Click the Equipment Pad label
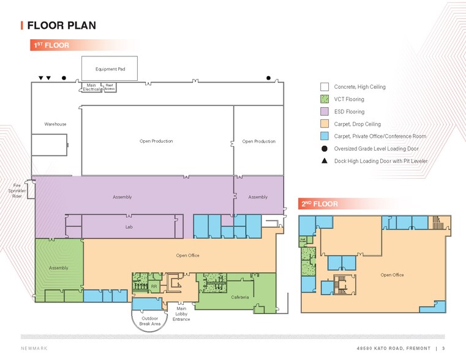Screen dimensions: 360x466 [x=110, y=69]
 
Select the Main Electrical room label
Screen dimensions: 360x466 [x=91, y=87]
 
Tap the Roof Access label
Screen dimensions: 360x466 [x=110, y=87]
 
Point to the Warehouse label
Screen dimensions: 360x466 [x=55, y=124]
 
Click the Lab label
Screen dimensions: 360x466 [x=129, y=227]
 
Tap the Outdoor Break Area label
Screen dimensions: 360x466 [x=151, y=320]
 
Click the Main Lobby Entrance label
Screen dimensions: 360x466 [x=181, y=313]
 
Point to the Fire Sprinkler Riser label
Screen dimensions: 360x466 [x=17, y=190]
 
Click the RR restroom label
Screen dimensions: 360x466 [x=154, y=286]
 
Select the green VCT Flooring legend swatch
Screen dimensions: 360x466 [x=325, y=99]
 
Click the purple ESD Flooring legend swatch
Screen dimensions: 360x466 [x=325, y=111]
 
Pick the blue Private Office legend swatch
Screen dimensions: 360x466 [x=325, y=136]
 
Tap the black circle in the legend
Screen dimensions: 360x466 [x=325, y=148]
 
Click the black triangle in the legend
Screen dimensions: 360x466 [x=325, y=160]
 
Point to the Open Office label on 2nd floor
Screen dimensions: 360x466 [x=392, y=275]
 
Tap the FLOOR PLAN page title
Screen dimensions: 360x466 [x=61, y=25]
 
